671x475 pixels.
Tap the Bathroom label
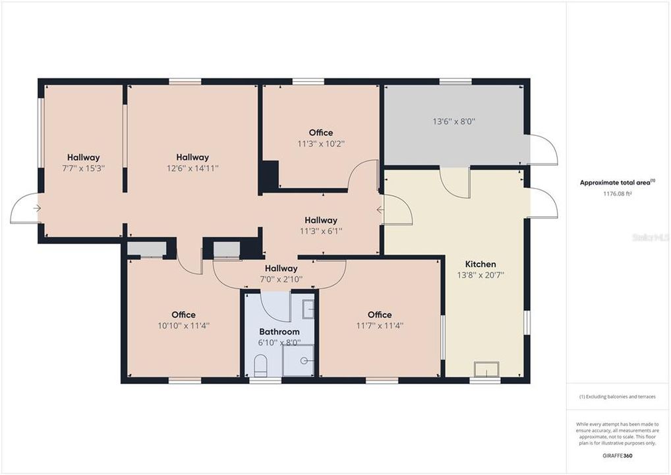(279, 332)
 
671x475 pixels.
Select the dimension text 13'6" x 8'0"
(454, 121)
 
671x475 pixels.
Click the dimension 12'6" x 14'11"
(192, 168)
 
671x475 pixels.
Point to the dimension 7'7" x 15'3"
(84, 168)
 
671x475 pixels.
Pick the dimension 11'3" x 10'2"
(321, 143)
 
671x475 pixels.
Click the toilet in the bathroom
(260, 365)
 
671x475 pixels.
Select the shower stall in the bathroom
(299, 360)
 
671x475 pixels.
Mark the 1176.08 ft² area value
(617, 194)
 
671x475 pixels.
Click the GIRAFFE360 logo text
(617, 456)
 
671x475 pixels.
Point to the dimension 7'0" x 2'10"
(281, 279)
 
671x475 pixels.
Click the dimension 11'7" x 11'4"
(380, 325)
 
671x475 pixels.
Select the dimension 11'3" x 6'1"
(321, 231)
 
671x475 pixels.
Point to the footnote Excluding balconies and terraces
(617, 396)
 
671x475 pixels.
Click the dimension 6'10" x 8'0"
(279, 342)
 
